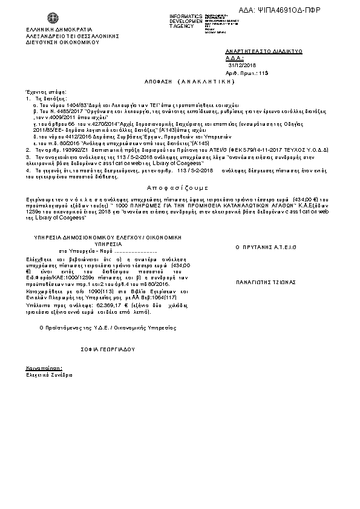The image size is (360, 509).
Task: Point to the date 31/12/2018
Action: pos(243,65)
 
